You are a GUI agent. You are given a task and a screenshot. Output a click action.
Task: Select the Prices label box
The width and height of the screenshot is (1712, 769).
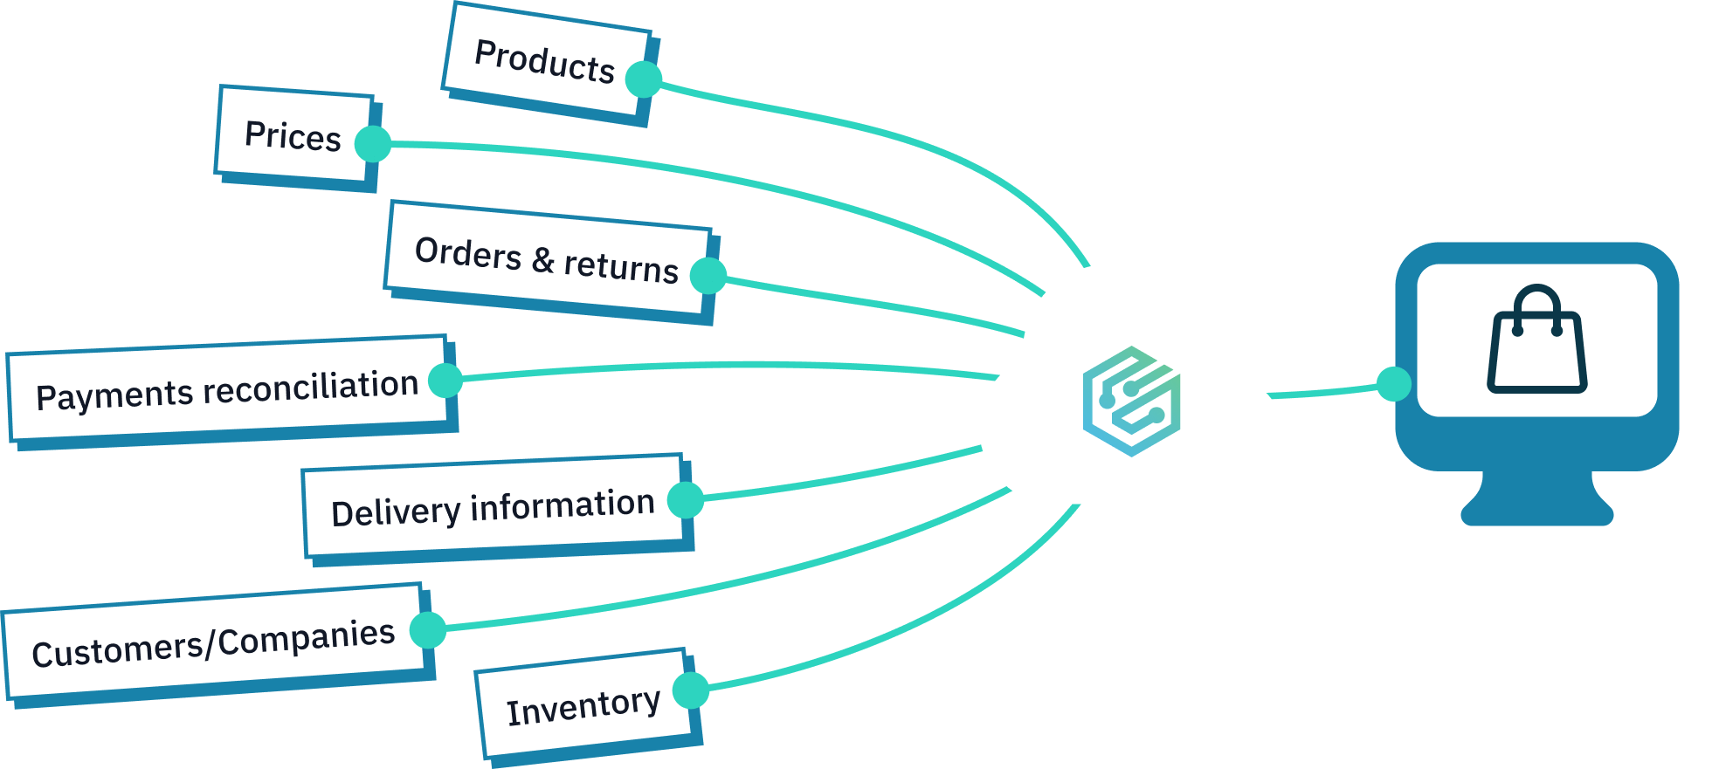point(293,136)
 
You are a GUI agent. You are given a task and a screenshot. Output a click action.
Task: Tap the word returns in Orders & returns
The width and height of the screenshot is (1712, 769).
point(621,266)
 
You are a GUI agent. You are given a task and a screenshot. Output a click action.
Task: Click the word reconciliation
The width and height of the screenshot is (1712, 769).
point(311,388)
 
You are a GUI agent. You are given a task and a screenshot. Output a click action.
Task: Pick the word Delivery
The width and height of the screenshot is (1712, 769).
point(396,512)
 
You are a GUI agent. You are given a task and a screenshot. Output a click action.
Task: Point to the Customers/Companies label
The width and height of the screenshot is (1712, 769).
point(213,643)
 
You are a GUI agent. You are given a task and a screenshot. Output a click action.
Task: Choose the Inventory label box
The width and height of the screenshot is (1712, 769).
point(583,706)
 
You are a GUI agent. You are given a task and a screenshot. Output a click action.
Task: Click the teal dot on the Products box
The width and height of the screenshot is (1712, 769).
point(645,79)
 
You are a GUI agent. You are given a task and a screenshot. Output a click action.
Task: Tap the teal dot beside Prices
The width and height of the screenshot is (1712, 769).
point(374,144)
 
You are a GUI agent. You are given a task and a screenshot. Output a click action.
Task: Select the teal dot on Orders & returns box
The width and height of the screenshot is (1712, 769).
point(708,276)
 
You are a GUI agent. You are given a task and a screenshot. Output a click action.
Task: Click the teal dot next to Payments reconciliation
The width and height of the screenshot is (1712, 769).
point(446,381)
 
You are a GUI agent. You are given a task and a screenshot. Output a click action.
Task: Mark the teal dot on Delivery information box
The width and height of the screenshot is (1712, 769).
point(686,500)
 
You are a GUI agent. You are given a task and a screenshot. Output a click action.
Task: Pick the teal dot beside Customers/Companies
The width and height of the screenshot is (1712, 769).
point(429,629)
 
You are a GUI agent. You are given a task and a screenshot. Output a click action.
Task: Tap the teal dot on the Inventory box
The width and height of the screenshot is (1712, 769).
point(691,690)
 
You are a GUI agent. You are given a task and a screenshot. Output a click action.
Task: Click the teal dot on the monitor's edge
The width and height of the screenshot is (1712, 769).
point(1394,384)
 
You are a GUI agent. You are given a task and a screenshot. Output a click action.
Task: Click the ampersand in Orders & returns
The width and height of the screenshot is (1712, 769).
point(542,259)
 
